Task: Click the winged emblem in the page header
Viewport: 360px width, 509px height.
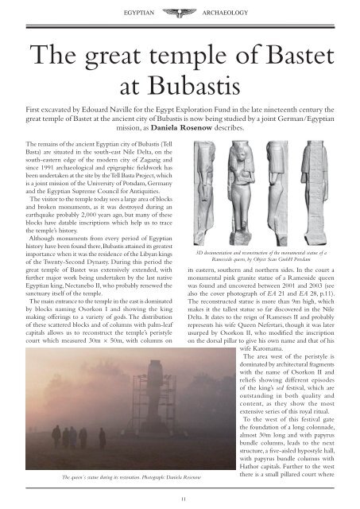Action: tap(179, 13)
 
